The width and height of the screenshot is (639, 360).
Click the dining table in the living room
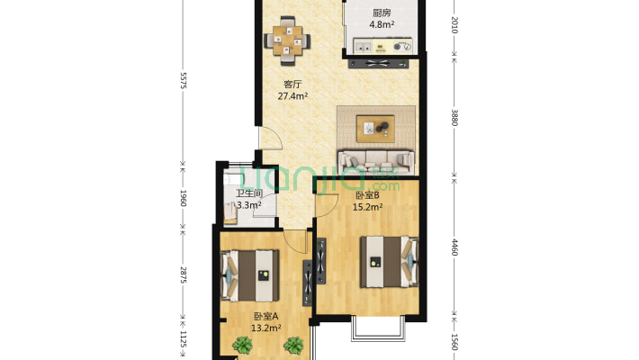click(x=287, y=40)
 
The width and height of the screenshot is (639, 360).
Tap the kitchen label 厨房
click(x=382, y=13)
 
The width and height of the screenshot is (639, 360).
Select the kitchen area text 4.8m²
click(x=382, y=24)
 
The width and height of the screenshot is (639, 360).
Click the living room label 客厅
click(x=292, y=85)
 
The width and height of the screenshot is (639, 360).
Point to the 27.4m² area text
click(x=292, y=96)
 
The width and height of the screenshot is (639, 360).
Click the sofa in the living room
click(x=375, y=162)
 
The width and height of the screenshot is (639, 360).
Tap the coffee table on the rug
click(x=375, y=129)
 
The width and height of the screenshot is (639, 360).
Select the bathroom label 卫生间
click(x=249, y=193)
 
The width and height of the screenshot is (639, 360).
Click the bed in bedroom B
click(x=389, y=262)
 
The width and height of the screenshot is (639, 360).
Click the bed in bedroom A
click(x=250, y=275)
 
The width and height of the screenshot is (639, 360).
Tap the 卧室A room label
click(x=266, y=316)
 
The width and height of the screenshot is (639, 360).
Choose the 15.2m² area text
click(x=367, y=207)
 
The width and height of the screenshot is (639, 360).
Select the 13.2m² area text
click(x=266, y=328)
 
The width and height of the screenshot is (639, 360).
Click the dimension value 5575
click(x=183, y=80)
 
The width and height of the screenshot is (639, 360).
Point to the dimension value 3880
click(x=454, y=117)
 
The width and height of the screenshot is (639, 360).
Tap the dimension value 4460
click(x=454, y=247)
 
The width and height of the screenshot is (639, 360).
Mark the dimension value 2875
click(x=183, y=275)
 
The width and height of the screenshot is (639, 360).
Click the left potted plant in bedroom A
click(x=243, y=346)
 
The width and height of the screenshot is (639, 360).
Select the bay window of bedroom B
click(x=379, y=328)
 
